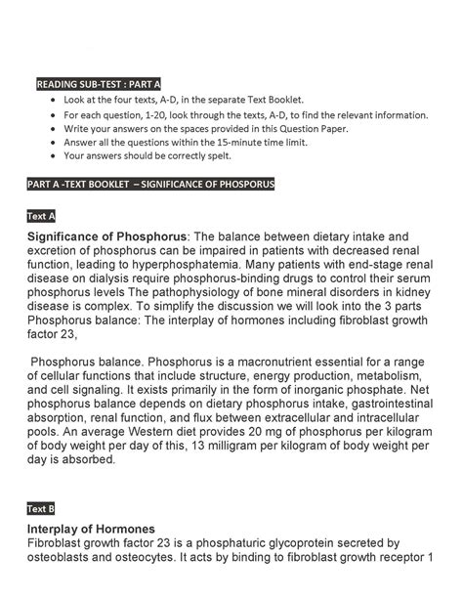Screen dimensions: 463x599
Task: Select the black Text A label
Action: (42, 215)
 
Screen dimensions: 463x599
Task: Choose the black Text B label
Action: (42, 509)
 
